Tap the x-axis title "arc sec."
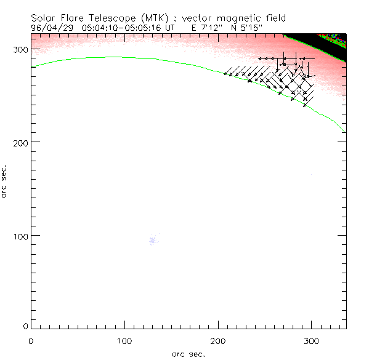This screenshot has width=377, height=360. [x=188, y=353]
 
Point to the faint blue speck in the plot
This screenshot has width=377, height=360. [x=153, y=241]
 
